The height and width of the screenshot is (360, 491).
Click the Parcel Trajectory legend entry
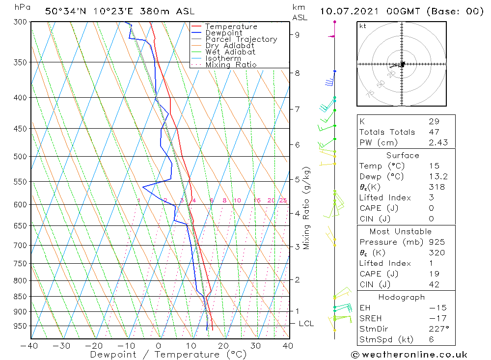(241, 39)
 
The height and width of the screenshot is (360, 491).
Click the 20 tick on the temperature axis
(223, 346)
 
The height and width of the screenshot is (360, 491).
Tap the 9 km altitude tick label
(298, 34)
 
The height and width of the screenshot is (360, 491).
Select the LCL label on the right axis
(306, 324)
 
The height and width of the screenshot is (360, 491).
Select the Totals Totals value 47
(434, 132)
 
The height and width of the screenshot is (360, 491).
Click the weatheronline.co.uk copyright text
(409, 355)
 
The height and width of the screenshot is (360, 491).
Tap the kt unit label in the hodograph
(363, 26)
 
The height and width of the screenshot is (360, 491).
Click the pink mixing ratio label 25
(283, 200)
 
